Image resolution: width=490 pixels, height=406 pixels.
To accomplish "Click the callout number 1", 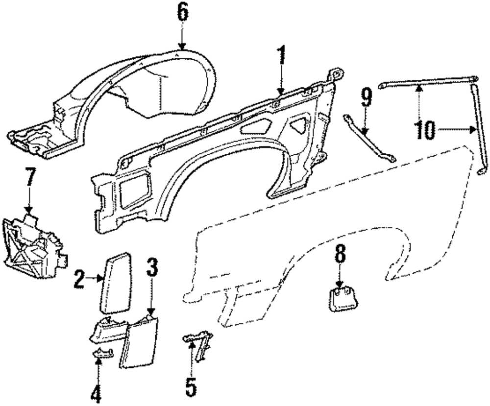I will point(281,59).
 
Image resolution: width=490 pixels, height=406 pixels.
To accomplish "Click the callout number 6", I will point(182,13).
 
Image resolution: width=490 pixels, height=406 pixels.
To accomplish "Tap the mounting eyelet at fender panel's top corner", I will point(337,73).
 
